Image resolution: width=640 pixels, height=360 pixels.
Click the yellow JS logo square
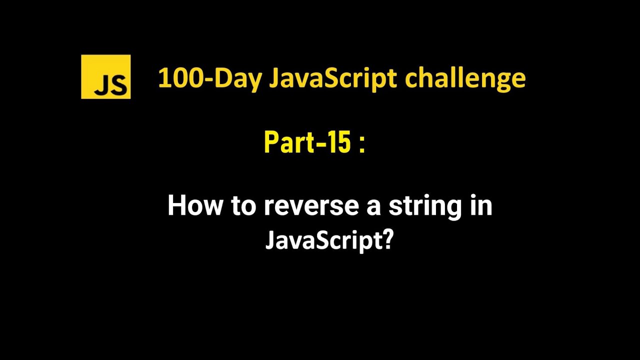105,76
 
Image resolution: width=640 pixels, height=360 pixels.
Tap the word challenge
465,78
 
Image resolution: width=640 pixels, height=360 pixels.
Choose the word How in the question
195,205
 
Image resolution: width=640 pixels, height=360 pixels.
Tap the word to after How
243,205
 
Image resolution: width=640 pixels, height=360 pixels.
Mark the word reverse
311,206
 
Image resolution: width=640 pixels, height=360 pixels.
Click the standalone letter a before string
373,207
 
